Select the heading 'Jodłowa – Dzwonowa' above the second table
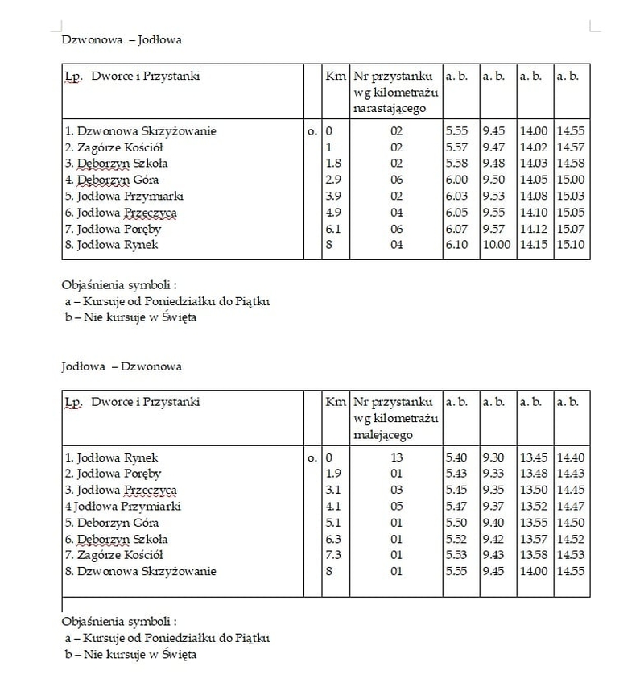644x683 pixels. (122, 366)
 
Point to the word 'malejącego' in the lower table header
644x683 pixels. (383, 434)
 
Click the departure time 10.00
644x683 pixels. (497, 245)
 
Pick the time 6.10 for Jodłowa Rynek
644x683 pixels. (456, 245)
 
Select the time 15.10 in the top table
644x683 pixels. (571, 245)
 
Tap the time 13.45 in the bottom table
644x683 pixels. (534, 458)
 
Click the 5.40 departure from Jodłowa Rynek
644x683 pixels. (456, 458)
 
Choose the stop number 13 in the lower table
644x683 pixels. (396, 458)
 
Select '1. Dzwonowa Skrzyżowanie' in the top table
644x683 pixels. (141, 131)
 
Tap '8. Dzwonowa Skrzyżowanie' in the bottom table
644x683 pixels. (141, 572)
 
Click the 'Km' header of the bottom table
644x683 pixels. (334, 401)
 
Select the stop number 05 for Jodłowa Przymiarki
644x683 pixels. (396, 507)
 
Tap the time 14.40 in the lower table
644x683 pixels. (571, 458)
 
